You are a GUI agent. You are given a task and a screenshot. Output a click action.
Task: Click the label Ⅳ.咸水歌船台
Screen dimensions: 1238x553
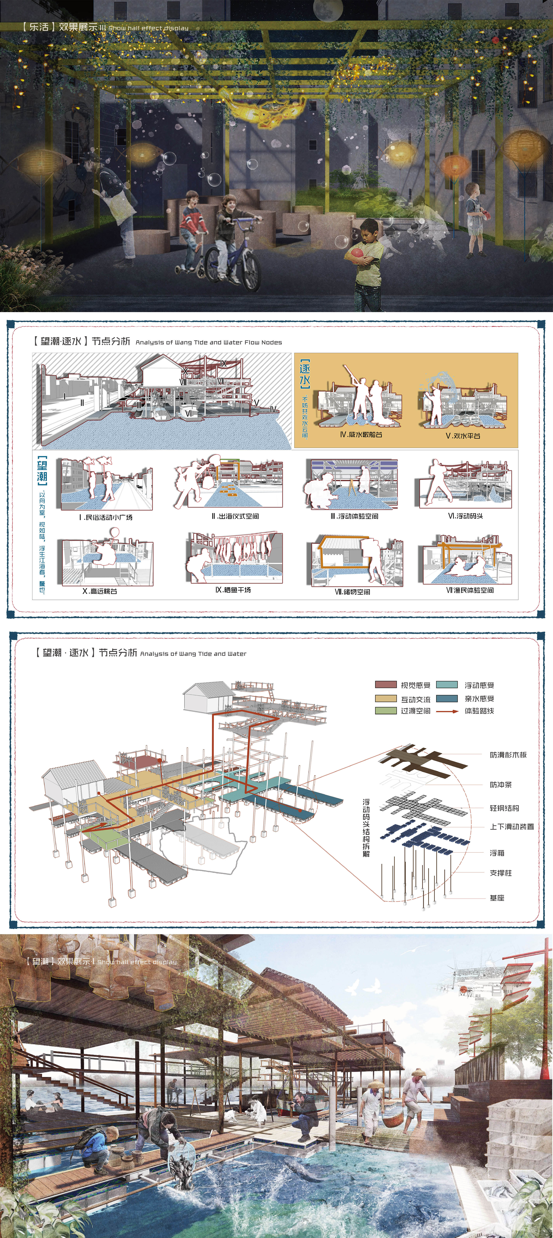click(361, 434)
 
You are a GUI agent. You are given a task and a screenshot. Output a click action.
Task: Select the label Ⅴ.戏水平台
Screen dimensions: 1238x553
click(463, 435)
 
